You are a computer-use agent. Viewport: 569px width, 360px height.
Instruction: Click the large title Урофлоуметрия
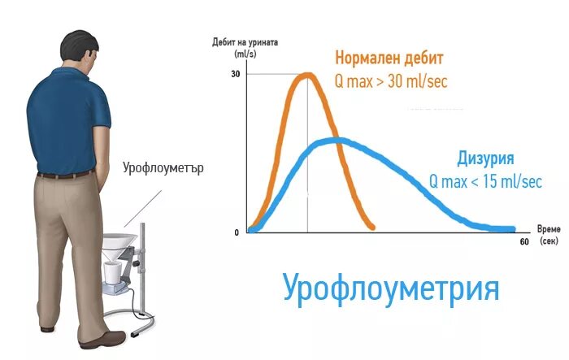pyautogui.click(x=391, y=288)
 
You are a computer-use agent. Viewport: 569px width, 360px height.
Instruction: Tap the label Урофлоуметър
pyautogui.click(x=163, y=170)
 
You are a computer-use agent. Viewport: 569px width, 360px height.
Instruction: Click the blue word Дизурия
pyautogui.click(x=485, y=158)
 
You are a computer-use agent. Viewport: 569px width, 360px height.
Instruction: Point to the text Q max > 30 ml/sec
pyautogui.click(x=391, y=81)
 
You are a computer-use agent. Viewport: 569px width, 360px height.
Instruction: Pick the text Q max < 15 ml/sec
pyautogui.click(x=484, y=182)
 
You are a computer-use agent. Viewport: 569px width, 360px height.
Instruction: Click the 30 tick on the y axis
pyautogui.click(x=235, y=74)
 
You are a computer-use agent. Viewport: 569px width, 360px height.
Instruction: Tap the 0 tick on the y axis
pyautogui.click(x=237, y=232)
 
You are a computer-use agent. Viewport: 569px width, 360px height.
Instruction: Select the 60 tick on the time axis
pyautogui.click(x=523, y=242)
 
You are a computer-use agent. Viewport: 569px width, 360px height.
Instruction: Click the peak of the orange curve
pyautogui.click(x=307, y=76)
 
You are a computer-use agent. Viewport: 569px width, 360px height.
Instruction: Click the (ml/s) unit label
pyautogui.click(x=245, y=54)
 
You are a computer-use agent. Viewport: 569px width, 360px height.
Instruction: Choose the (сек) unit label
pyautogui.click(x=549, y=242)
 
